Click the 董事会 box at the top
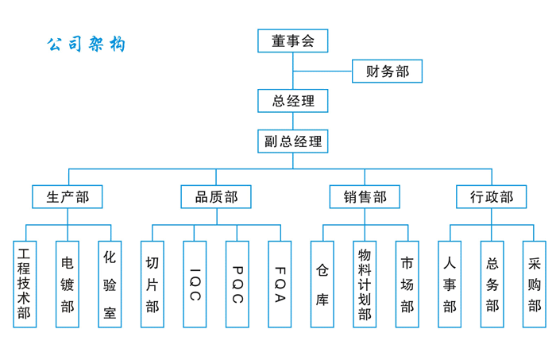click(x=292, y=41)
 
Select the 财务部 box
click(x=387, y=72)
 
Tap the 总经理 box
click(x=292, y=101)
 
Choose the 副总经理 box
click(x=292, y=141)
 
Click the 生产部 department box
click(x=68, y=197)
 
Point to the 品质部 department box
click(x=216, y=197)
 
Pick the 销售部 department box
click(x=365, y=197)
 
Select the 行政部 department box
click(x=491, y=197)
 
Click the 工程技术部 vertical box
click(x=25, y=285)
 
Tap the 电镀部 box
click(x=68, y=285)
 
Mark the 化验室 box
click(x=110, y=285)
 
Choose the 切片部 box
click(x=153, y=285)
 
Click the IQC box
click(x=195, y=285)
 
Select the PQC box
click(x=237, y=285)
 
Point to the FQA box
click(x=280, y=285)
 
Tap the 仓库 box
click(x=322, y=285)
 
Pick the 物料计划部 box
click(x=365, y=285)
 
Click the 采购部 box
click(x=534, y=285)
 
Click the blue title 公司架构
click(x=86, y=45)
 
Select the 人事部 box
click(x=450, y=285)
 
